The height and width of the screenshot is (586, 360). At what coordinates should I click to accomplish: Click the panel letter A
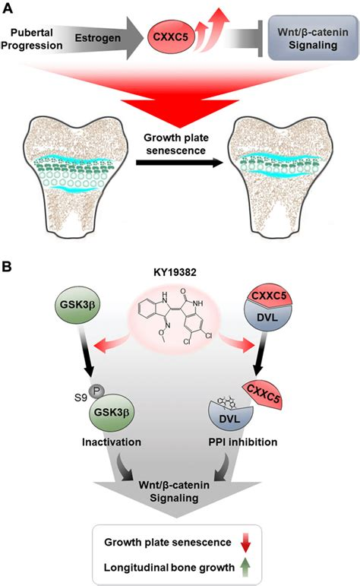click(x=8, y=8)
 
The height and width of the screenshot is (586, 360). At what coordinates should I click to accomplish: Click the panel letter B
click(x=7, y=267)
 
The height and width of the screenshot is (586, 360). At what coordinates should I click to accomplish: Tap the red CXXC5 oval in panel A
click(x=170, y=37)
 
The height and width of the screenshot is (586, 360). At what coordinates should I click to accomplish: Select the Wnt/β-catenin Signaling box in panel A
click(x=313, y=38)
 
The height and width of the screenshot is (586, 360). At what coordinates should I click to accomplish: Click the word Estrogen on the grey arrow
click(x=98, y=38)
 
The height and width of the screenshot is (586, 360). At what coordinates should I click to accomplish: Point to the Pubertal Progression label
click(x=33, y=39)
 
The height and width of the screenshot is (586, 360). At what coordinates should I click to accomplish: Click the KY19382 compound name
click(x=175, y=272)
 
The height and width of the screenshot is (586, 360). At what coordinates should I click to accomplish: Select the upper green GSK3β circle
click(x=77, y=306)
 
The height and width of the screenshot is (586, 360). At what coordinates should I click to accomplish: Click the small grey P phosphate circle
click(x=97, y=391)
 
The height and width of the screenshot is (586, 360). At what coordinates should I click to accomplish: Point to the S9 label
click(x=81, y=397)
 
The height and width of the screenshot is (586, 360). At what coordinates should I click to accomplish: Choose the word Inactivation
click(x=112, y=442)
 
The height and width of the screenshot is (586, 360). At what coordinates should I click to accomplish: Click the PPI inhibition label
click(x=243, y=442)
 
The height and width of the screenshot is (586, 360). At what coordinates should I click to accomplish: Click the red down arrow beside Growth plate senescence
click(x=245, y=542)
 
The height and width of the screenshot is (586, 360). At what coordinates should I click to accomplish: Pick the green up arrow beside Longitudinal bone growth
click(x=245, y=567)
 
